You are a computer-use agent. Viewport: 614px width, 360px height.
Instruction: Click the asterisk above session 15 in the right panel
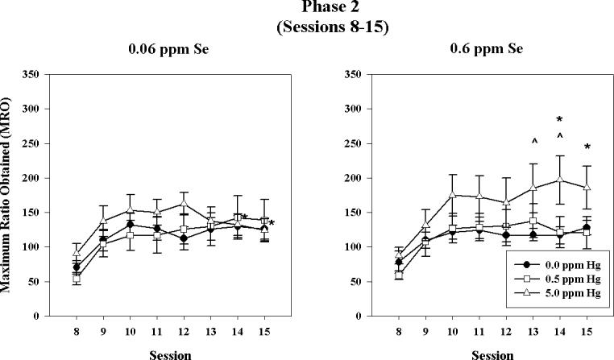coord(587,147)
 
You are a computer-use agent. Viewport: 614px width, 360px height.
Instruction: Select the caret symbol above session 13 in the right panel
coord(533,142)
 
